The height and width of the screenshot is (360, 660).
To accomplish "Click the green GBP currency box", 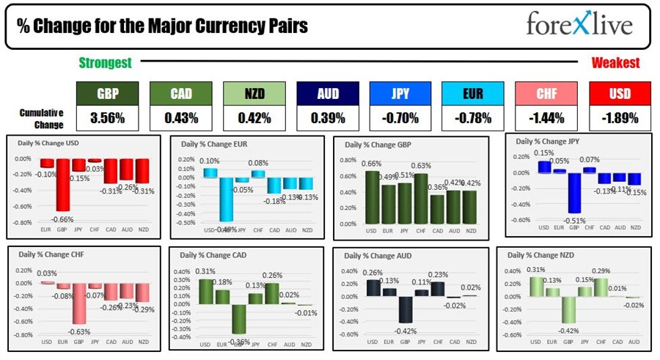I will (107, 93).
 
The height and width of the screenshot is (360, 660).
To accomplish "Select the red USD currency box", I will (620, 93).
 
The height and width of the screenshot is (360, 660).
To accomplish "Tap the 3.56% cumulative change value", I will (107, 117).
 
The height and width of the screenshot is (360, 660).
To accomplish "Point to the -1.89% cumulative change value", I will (620, 117).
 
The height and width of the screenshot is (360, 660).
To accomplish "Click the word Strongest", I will (105, 63).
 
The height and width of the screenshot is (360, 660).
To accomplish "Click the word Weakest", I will (615, 63).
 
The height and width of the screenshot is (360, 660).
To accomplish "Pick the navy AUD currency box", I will (327, 93).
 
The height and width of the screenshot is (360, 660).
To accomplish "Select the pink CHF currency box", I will (546, 93).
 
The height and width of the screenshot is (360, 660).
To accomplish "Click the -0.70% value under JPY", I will (400, 117).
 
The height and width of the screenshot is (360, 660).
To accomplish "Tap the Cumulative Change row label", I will (41, 117).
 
